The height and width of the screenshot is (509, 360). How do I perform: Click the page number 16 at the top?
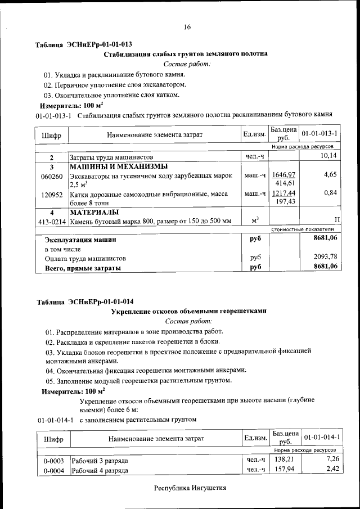click(x=187, y=27)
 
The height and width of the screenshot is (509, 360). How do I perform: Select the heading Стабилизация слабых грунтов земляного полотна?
click(x=186, y=54)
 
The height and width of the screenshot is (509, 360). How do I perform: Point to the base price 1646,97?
click(x=283, y=175)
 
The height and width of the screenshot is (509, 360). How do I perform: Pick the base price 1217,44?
click(x=283, y=193)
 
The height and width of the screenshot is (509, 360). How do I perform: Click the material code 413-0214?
click(x=52, y=222)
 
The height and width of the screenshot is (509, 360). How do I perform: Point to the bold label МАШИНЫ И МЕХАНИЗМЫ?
click(x=118, y=166)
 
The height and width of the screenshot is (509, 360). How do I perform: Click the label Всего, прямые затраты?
click(x=83, y=268)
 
